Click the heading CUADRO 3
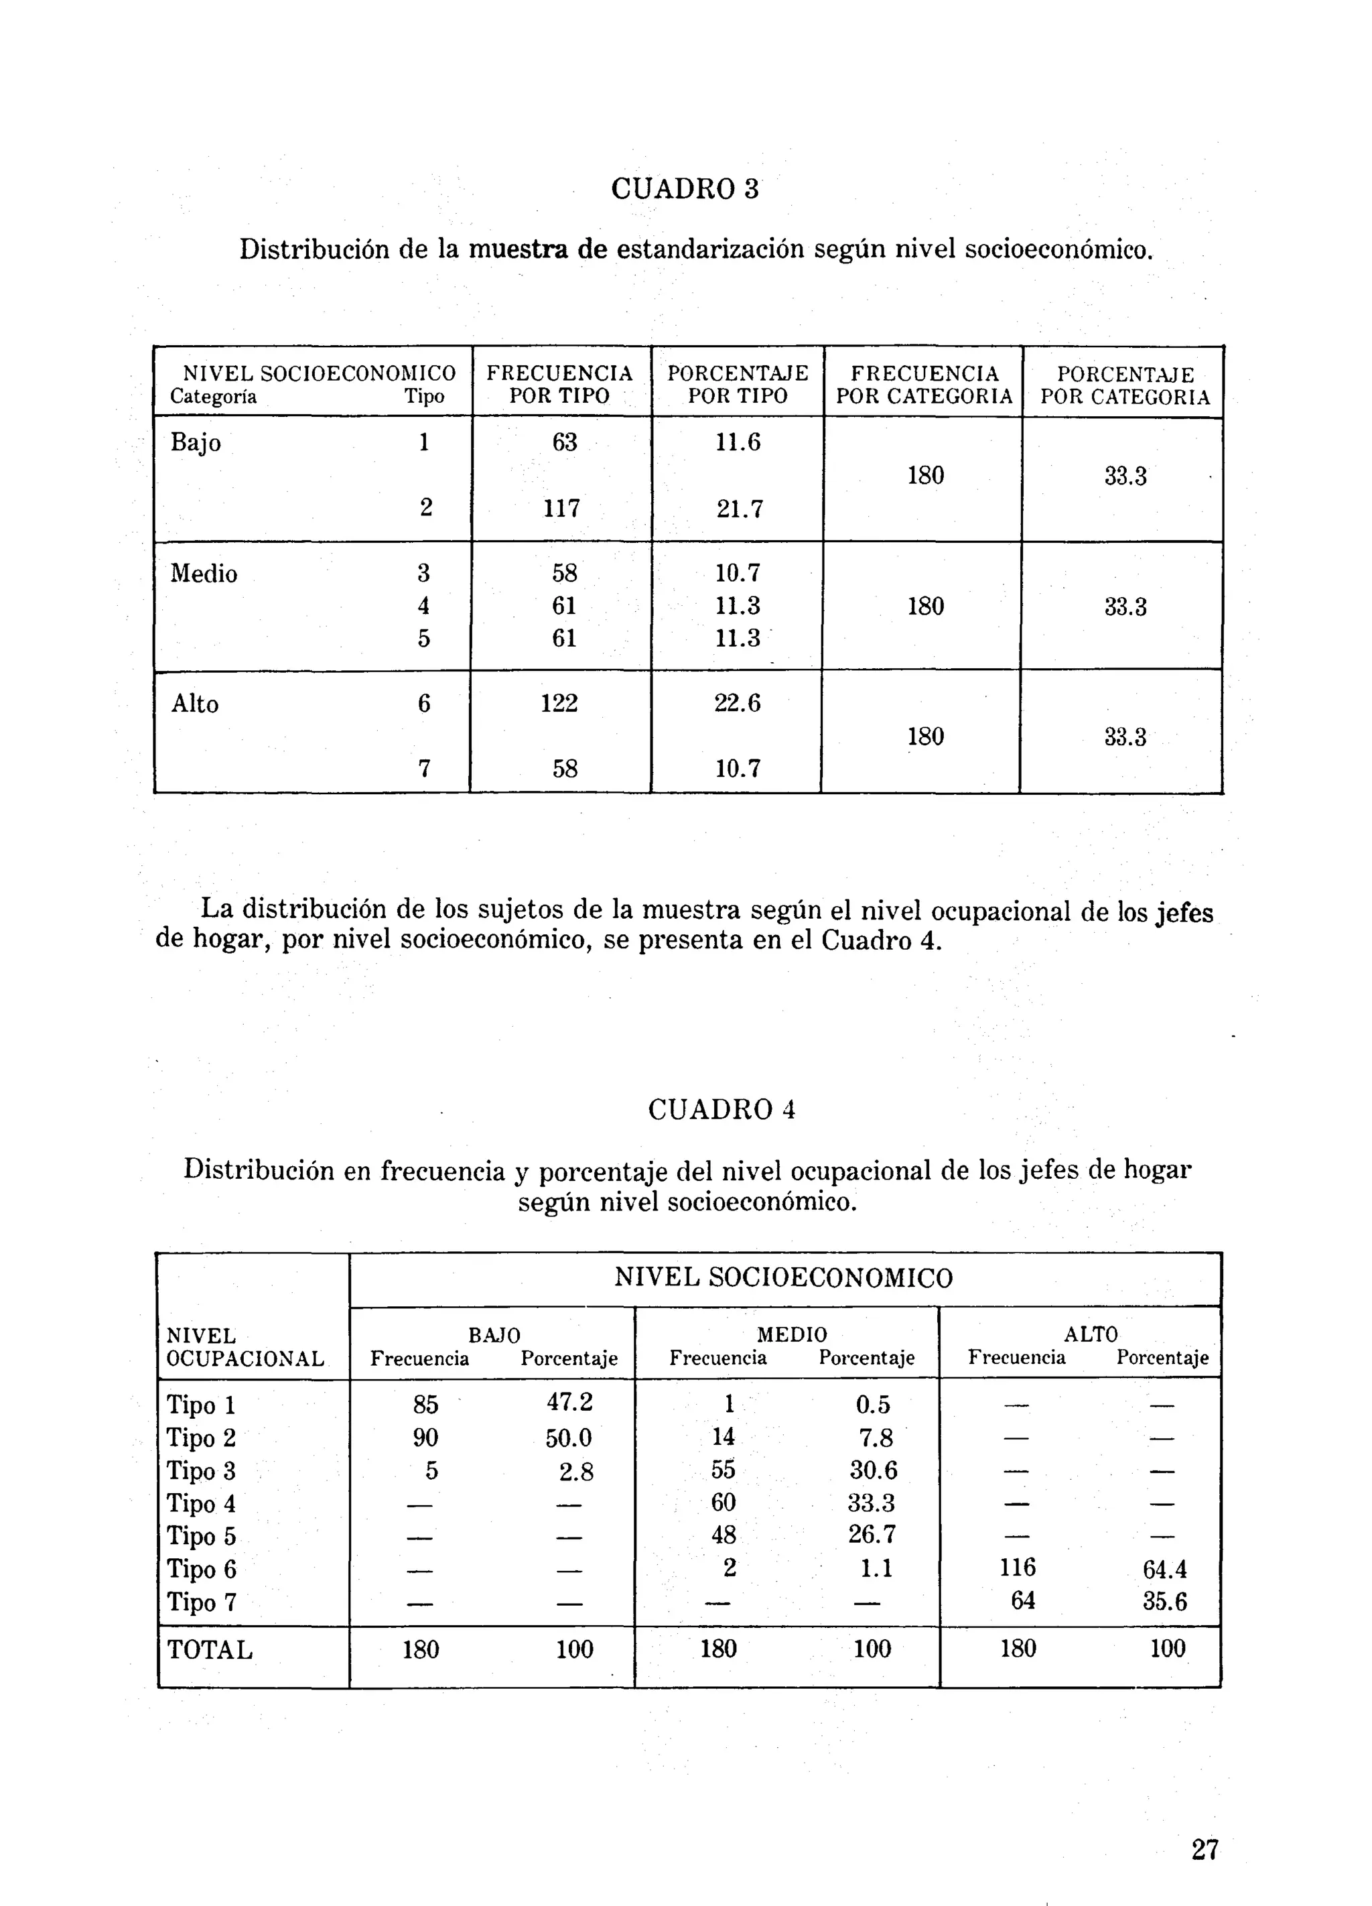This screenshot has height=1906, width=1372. coord(684,188)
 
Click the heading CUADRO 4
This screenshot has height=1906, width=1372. coord(721,1109)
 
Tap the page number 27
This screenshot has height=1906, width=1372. coord(1204,1849)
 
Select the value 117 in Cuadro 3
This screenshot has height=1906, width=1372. coord(561,509)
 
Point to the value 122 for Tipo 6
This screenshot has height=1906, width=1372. coord(559,702)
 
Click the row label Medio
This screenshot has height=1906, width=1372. coord(204,574)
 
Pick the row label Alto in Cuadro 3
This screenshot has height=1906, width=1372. coord(195,704)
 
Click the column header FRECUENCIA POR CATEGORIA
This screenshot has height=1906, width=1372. coord(924,385)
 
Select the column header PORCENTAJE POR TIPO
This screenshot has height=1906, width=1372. coord(738,385)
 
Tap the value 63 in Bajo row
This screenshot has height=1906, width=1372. coord(564,442)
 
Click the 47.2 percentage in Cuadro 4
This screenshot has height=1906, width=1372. coord(569,1402)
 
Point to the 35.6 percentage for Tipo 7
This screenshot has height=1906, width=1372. coord(1164,1601)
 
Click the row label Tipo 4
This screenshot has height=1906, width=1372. coord(201,1503)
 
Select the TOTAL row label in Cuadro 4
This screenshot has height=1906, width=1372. coord(209,1650)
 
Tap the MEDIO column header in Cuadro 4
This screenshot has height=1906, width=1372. coord(791,1334)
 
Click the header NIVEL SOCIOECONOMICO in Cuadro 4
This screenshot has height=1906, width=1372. coord(783,1278)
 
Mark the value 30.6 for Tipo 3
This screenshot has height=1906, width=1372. coord(873,1470)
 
